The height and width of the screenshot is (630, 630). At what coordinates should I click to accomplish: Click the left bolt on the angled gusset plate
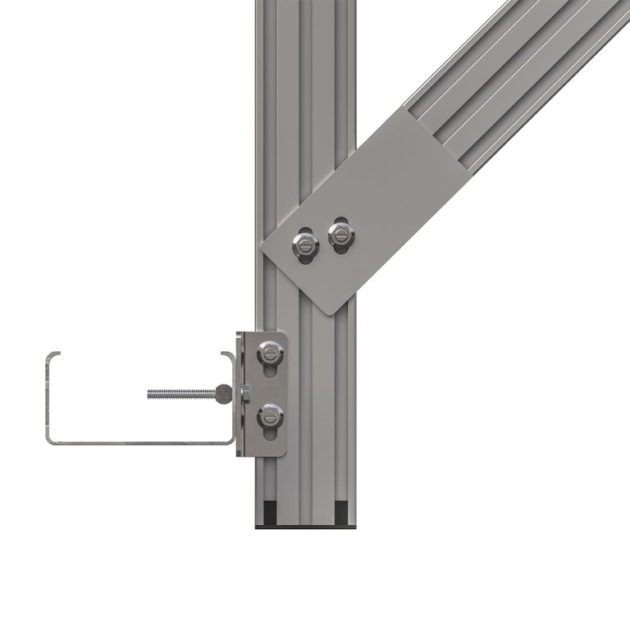(x=305, y=243)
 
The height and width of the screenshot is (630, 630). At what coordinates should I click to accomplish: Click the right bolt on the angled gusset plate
(x=341, y=235)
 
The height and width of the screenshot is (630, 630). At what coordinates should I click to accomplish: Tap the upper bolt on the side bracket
(x=270, y=354)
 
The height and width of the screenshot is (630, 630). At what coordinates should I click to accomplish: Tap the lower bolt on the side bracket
(x=270, y=415)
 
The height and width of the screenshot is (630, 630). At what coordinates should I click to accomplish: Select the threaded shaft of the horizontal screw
(x=180, y=394)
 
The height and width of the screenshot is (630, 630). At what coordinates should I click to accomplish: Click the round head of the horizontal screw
(x=223, y=395)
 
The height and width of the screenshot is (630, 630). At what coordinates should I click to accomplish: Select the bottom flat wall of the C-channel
(x=139, y=443)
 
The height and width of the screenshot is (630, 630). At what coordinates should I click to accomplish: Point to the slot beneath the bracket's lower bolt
(x=271, y=435)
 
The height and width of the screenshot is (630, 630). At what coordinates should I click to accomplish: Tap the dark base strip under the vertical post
(x=306, y=527)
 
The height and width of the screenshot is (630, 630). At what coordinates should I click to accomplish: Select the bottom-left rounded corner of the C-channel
(x=49, y=441)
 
